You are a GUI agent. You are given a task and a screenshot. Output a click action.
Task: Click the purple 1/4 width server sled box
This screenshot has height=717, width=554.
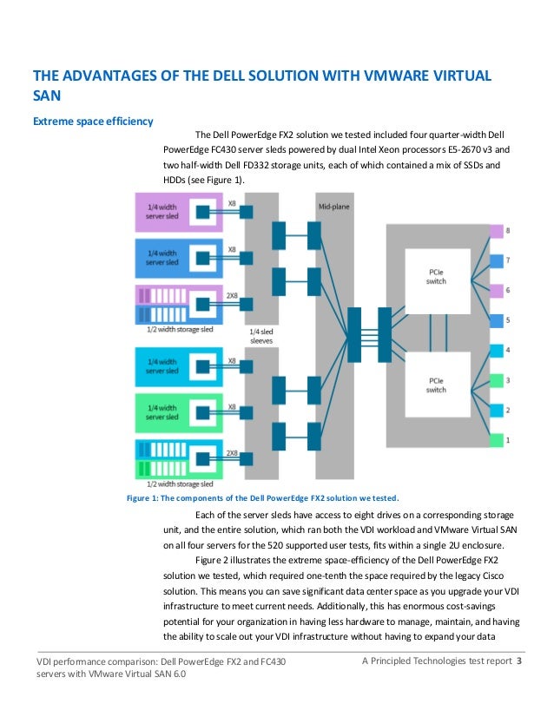pos(178,212)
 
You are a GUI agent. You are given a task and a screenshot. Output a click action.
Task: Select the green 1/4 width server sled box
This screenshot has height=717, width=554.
pos(178,413)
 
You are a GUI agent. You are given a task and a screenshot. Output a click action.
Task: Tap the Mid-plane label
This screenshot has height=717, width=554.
pos(334,207)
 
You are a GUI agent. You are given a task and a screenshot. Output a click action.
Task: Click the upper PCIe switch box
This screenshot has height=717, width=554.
pos(438,281)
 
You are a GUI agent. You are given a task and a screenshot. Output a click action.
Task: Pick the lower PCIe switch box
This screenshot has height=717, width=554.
pos(438,385)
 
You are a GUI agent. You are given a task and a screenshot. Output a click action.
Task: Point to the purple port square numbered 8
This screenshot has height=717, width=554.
pos(497,232)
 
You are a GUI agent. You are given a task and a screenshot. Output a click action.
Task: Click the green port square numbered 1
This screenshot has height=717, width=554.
pos(497,440)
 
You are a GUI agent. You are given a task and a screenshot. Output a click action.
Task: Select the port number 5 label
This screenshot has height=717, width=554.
pos(508,320)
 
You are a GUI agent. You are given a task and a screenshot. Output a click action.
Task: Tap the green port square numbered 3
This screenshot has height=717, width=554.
pos(497,380)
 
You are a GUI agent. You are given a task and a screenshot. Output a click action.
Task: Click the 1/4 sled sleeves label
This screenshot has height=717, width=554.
pos(261,336)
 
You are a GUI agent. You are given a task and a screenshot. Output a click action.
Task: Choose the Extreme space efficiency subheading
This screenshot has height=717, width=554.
pos(93,122)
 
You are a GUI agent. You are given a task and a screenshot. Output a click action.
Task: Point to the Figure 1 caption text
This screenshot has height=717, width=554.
pos(262,498)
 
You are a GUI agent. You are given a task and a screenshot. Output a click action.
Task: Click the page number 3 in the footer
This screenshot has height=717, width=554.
pos(518,661)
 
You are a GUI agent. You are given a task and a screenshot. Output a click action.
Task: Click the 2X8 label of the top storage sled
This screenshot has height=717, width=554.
pos(232,296)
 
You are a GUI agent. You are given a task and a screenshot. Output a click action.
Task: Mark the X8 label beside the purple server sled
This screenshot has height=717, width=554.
pos(232,203)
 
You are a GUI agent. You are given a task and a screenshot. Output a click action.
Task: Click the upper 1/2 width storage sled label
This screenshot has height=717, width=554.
pos(180,329)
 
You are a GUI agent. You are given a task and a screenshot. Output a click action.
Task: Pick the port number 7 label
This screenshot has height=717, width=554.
pos(508,260)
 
